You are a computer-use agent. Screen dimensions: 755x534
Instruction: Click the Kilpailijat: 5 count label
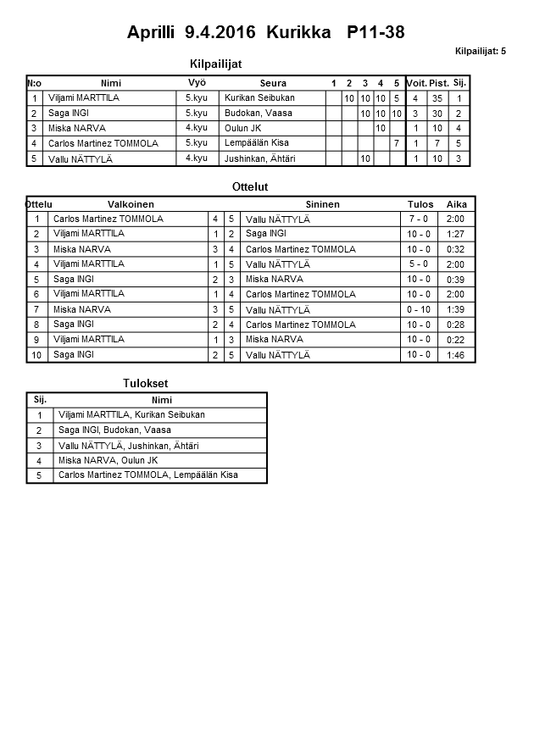[x=480, y=52]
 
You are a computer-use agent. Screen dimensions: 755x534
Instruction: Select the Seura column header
[x=273, y=83]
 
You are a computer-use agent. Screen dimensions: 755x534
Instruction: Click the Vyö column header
[x=197, y=82]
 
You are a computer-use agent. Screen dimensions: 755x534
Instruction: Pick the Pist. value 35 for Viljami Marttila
[x=437, y=98]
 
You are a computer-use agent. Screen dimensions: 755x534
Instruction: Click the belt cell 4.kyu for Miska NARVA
[x=196, y=128]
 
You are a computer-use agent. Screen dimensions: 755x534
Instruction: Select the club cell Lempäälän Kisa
[x=257, y=143]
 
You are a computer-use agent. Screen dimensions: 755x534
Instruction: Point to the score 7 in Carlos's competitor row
[x=396, y=143]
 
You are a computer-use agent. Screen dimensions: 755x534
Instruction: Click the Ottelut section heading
[x=249, y=186]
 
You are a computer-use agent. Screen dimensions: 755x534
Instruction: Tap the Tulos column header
[x=420, y=204]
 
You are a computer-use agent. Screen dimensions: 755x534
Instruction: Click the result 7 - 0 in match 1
[x=418, y=219]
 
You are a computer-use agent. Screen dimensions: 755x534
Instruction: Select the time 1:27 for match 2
[x=456, y=234]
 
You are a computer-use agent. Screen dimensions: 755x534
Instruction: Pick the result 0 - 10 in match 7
[x=418, y=310]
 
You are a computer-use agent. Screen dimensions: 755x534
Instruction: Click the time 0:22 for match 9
[x=456, y=340]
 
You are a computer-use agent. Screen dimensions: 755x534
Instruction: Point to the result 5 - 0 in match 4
[x=418, y=264]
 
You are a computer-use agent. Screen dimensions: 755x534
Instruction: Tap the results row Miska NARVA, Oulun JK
[x=108, y=461]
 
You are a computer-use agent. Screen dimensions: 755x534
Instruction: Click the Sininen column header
[x=322, y=204]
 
